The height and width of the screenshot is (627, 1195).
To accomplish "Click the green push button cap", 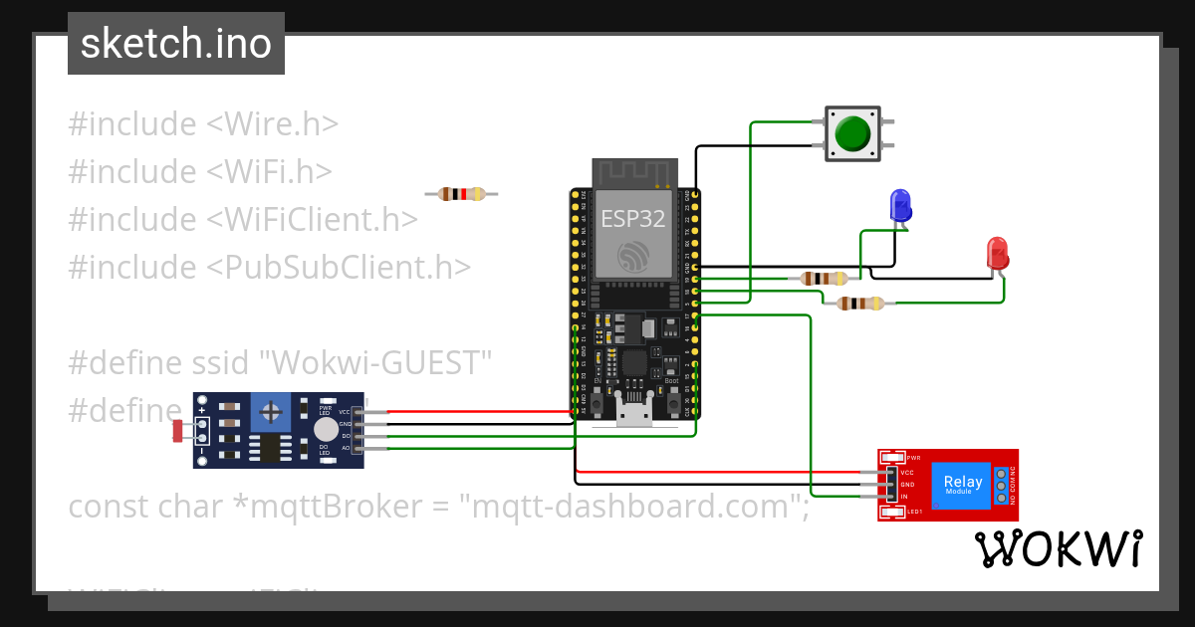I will [853, 134].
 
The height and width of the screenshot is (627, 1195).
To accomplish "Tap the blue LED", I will [900, 205].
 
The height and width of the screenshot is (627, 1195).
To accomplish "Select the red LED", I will [997, 253].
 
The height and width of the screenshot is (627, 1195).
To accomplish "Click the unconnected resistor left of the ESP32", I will [461, 194].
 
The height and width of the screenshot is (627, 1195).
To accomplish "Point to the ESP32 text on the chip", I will [632, 220].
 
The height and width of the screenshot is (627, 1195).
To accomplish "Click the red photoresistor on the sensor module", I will [178, 430].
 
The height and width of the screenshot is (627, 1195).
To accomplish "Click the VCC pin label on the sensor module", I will [345, 411].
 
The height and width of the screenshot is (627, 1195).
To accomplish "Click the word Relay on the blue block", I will [963, 482].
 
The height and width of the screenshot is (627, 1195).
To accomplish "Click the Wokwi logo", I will [1059, 548].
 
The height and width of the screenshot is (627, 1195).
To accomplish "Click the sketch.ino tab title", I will [176, 44].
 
